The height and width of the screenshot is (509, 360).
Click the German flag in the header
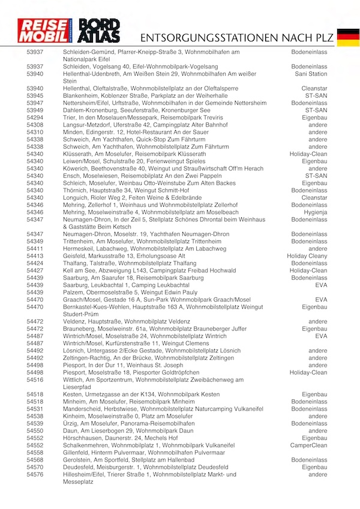[x=348, y=37]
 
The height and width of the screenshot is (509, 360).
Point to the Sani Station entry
[x=311, y=74]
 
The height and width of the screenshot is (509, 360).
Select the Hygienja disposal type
[x=314, y=212]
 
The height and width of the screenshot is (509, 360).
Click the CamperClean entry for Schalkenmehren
[x=309, y=445]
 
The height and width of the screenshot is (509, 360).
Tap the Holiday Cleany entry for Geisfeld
[x=307, y=256]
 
